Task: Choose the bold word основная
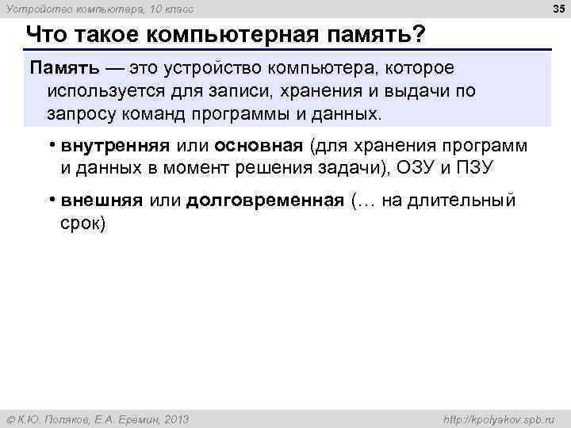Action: click(259, 146)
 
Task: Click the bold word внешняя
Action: click(101, 201)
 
